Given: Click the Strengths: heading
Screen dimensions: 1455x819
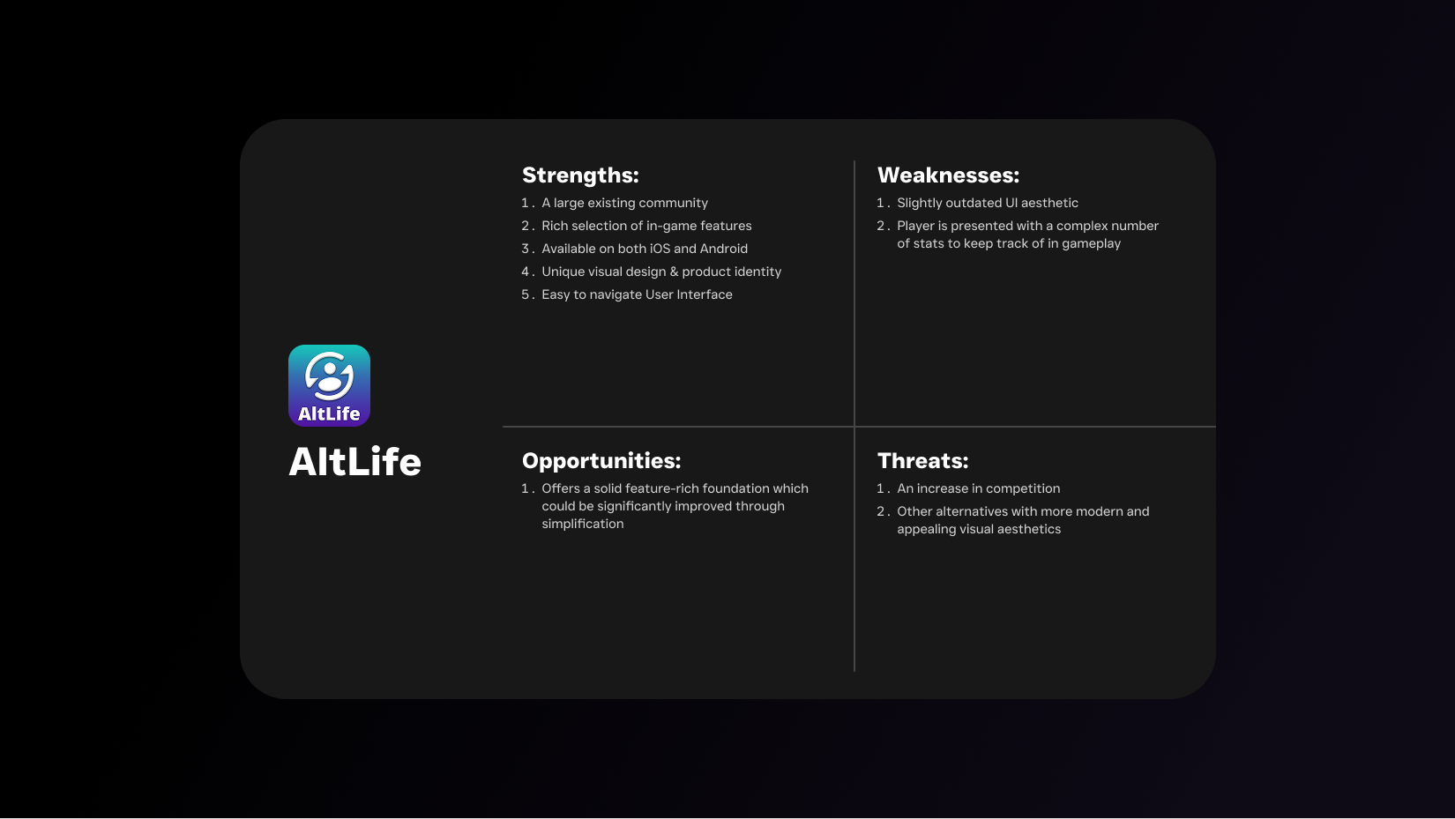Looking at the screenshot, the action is point(580,175).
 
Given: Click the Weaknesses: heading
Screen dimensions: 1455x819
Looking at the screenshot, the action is point(948,175).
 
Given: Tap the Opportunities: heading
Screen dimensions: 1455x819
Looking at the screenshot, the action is point(601,460).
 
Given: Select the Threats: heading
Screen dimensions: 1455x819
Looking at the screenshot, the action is point(923,460).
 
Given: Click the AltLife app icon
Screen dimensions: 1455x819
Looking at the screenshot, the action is point(329,386).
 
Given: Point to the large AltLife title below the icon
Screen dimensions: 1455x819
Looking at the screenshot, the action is point(354,462).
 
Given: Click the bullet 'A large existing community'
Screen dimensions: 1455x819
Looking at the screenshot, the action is point(625,203).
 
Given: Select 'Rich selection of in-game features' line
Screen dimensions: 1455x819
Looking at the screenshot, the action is point(646,226).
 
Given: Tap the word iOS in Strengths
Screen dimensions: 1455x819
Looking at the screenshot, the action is point(660,249).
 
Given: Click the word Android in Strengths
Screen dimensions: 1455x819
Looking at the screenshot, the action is point(724,249).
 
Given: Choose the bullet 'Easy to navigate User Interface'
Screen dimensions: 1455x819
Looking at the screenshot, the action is point(637,294).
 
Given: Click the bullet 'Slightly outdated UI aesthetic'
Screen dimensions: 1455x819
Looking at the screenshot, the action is point(988,203).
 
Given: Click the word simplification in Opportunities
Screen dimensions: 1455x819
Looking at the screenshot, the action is point(583,524).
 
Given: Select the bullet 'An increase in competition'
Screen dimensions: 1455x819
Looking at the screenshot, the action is point(978,488).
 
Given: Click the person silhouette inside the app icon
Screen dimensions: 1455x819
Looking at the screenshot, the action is point(329,379).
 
